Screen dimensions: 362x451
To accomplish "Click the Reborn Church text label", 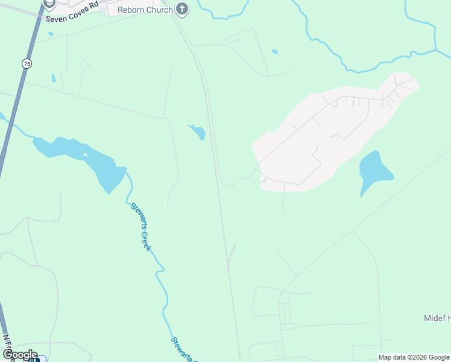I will click(145, 10).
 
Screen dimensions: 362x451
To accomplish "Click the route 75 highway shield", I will click(27, 63).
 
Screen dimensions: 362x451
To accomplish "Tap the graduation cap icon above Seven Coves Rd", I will click(49, 4).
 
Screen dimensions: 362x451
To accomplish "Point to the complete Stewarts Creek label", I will click(140, 227).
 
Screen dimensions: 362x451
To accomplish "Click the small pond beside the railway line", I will click(198, 132).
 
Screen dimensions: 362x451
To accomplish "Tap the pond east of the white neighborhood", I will click(374, 170).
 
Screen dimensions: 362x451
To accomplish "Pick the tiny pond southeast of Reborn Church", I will click(275, 51).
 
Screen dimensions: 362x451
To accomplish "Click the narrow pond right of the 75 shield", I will click(54, 78).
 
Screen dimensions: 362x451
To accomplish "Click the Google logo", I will click(19, 355).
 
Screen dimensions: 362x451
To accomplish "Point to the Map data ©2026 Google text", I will click(414, 357).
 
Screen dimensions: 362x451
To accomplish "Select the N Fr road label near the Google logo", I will click(8, 345).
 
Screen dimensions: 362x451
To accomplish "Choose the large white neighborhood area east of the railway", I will click(326, 139).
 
